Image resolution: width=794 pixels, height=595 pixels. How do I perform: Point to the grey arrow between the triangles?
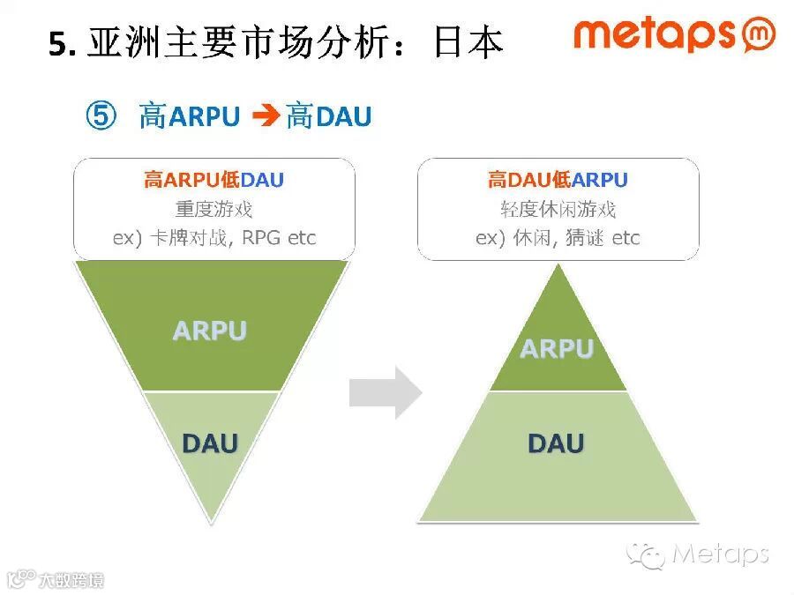386,392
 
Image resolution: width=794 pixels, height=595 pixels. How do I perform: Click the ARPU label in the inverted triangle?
209,331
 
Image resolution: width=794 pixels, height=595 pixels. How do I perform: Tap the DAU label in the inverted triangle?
210,443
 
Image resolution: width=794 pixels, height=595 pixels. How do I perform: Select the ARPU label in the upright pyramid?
557,349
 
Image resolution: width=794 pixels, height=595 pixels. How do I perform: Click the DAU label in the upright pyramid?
557,443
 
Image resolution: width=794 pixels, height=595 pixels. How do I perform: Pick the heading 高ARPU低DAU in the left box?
213,181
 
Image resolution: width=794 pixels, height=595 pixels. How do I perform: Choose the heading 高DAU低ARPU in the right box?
558,181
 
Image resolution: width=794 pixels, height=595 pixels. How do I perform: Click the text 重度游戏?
213,210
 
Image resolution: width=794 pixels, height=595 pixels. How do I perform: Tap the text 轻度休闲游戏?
558,210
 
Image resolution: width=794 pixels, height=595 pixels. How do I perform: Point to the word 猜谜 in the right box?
583,238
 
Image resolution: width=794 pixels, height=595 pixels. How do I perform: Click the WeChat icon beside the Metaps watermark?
646,554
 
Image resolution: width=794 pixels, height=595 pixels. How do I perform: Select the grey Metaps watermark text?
720,554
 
